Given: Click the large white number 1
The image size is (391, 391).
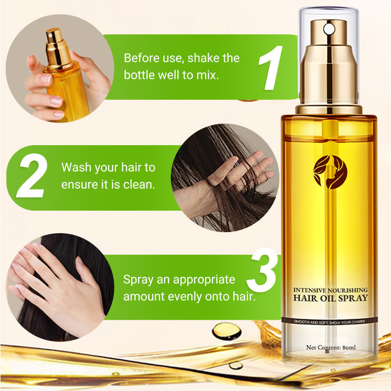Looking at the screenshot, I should pos(270,68).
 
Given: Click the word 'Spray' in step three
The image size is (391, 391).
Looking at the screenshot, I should pos(139,280).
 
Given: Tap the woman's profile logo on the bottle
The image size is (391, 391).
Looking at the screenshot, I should pos(330,172).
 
